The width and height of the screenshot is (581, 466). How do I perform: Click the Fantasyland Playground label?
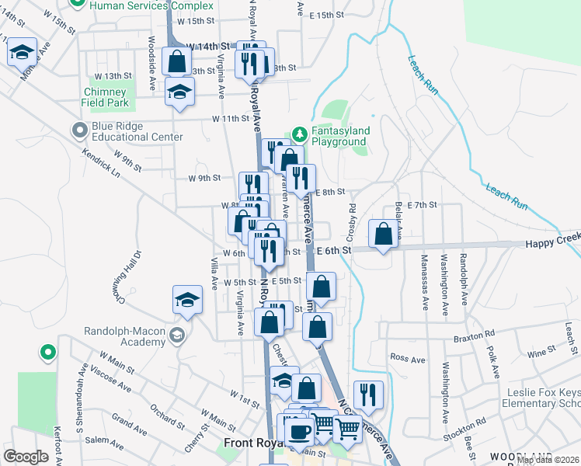(339, 137)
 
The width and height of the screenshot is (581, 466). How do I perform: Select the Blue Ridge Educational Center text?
(137, 131)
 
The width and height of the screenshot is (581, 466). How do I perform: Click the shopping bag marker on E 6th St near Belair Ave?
(383, 234)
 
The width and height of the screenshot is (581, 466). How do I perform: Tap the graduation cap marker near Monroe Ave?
(22, 52)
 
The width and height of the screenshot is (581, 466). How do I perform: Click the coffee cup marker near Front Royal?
(298, 430)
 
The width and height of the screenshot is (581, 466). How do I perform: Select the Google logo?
(26, 456)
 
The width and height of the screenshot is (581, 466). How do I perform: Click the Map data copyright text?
(547, 460)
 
